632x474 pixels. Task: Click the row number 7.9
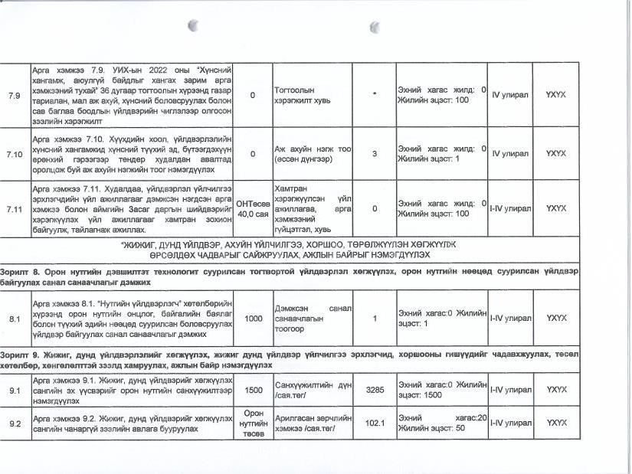point(14,96)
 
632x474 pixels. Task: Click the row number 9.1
point(14,390)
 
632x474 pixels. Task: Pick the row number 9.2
point(14,423)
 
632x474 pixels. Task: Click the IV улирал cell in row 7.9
point(510,96)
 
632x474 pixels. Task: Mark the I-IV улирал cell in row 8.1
point(510,318)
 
